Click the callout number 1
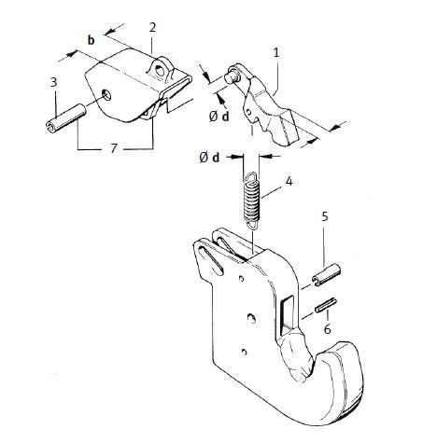(276, 53)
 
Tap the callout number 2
(152, 27)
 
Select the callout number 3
(54, 82)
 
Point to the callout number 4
(289, 181)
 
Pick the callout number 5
(325, 216)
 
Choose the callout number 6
(328, 328)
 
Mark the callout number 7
(114, 148)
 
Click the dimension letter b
(91, 40)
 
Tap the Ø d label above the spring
(209, 158)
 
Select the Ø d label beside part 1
(219, 117)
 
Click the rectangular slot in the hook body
(288, 315)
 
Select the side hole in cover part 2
(106, 94)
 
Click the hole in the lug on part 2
(161, 71)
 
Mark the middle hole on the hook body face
(251, 319)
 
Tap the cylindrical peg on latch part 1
(233, 75)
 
